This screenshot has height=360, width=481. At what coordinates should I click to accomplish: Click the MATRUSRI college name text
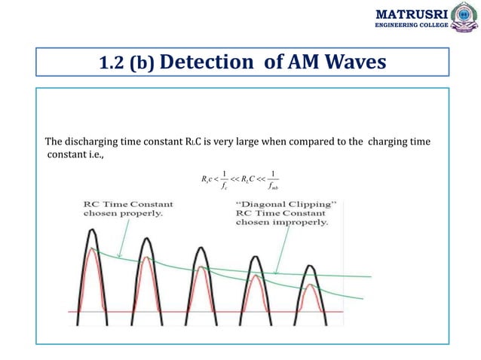[412, 14]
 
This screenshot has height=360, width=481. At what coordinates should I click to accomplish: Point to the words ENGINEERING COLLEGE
[412, 26]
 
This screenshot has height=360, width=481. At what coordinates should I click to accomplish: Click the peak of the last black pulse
[311, 265]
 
